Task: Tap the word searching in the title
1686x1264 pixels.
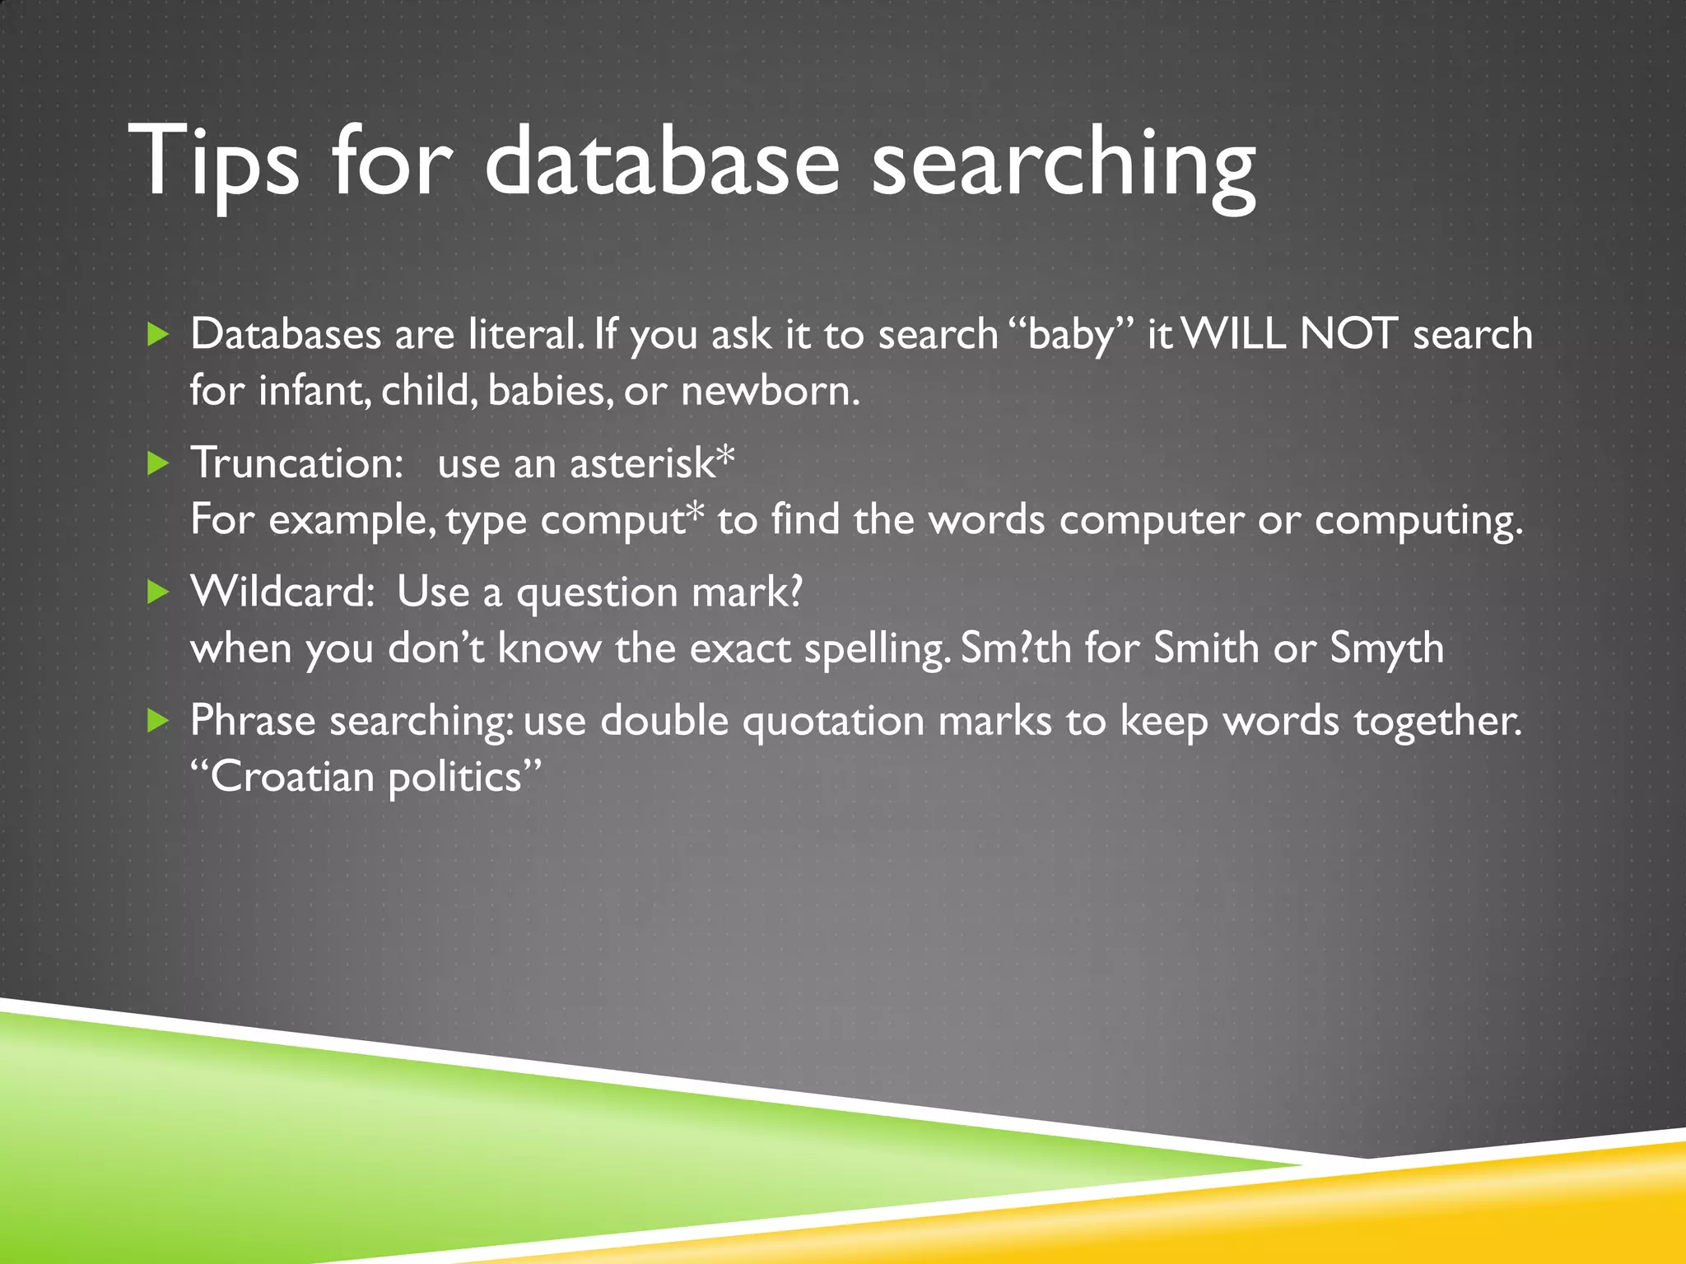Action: pos(1063,165)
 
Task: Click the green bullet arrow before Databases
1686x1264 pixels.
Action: pos(157,334)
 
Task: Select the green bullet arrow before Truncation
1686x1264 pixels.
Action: pos(157,463)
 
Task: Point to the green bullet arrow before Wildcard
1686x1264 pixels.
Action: pos(157,592)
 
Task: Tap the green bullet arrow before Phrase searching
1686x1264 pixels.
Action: pos(157,721)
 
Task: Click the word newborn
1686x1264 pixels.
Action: pos(770,391)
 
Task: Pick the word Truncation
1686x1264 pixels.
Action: pos(296,463)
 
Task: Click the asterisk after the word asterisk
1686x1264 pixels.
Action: pos(724,457)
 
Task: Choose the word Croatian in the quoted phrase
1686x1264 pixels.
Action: pos(292,777)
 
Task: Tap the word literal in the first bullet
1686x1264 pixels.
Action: pos(526,334)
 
